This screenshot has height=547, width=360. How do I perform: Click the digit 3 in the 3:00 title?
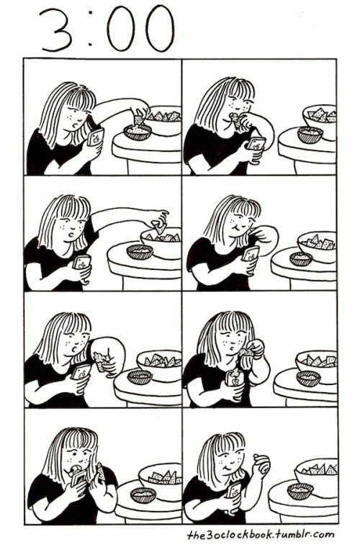[x=56, y=29]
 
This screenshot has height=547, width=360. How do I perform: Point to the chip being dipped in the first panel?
[x=139, y=118]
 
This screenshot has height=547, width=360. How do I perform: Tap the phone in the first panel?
[x=95, y=137]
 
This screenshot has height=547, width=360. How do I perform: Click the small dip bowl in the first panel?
[x=138, y=132]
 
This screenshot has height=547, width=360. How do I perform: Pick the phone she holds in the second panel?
[x=257, y=144]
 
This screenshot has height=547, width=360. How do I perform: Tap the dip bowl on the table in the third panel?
[x=140, y=251]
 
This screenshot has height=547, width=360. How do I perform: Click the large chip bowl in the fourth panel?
[x=318, y=246]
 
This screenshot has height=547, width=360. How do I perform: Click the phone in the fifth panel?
[x=81, y=372]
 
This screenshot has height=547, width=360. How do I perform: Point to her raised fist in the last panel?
[x=261, y=463]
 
